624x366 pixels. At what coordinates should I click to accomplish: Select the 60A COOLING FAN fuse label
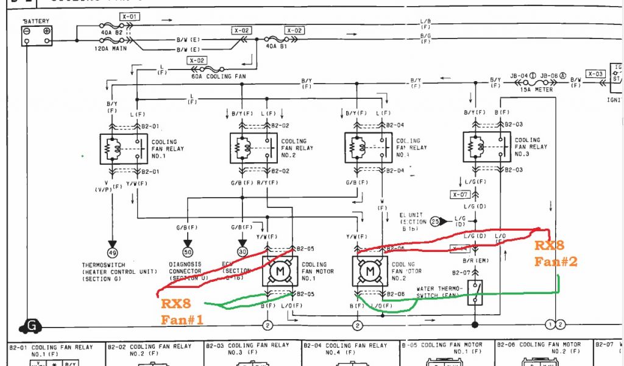[210, 76]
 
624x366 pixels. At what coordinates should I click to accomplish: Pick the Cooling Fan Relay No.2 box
[253, 148]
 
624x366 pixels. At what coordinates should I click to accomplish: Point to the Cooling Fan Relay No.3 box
[487, 147]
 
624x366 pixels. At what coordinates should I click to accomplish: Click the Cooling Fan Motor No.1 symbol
[280, 270]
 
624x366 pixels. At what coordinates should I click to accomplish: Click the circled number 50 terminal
[188, 252]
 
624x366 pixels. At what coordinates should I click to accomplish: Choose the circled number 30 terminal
[243, 252]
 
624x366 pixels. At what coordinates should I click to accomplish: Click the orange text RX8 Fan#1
[180, 311]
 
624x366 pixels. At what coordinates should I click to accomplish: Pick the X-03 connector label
[596, 74]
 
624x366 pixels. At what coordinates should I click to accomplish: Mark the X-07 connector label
[461, 195]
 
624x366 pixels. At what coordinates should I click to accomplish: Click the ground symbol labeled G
[31, 327]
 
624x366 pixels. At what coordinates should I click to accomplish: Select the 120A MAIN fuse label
[112, 48]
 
